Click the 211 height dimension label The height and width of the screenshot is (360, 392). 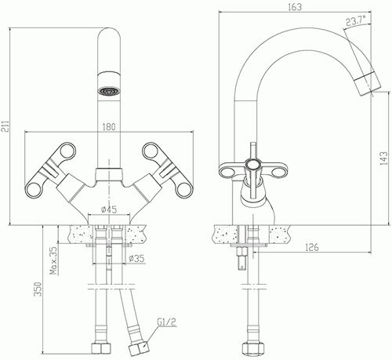pos(5,126)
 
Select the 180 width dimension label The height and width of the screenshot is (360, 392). pos(109,127)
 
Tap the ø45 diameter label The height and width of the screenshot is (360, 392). pos(109,209)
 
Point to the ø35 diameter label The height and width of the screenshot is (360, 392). pos(136,259)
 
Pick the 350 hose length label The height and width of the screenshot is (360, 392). pos(38,289)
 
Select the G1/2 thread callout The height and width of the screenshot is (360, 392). pos(167,322)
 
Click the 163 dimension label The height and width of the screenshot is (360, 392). pos(295,7)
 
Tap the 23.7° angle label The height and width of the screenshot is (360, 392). pos(356,20)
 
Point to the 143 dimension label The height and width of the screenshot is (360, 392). pos(384,158)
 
